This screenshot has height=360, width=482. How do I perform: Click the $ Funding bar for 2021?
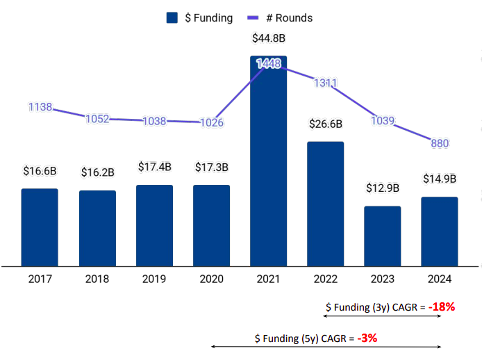[268, 160]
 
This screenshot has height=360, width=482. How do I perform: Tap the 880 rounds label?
[439, 143]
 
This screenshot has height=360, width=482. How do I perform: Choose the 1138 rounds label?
[40, 107]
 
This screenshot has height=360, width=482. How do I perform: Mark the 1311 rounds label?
[325, 83]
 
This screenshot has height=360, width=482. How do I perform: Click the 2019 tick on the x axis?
[154, 279]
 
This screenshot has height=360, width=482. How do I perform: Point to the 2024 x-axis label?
[439, 279]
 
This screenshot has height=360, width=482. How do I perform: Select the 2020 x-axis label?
[211, 279]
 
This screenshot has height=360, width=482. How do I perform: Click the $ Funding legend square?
[172, 18]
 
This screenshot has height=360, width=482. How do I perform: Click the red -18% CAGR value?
[441, 306]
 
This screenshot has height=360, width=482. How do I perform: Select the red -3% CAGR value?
[367, 338]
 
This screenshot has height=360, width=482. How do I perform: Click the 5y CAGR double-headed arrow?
[326, 346]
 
